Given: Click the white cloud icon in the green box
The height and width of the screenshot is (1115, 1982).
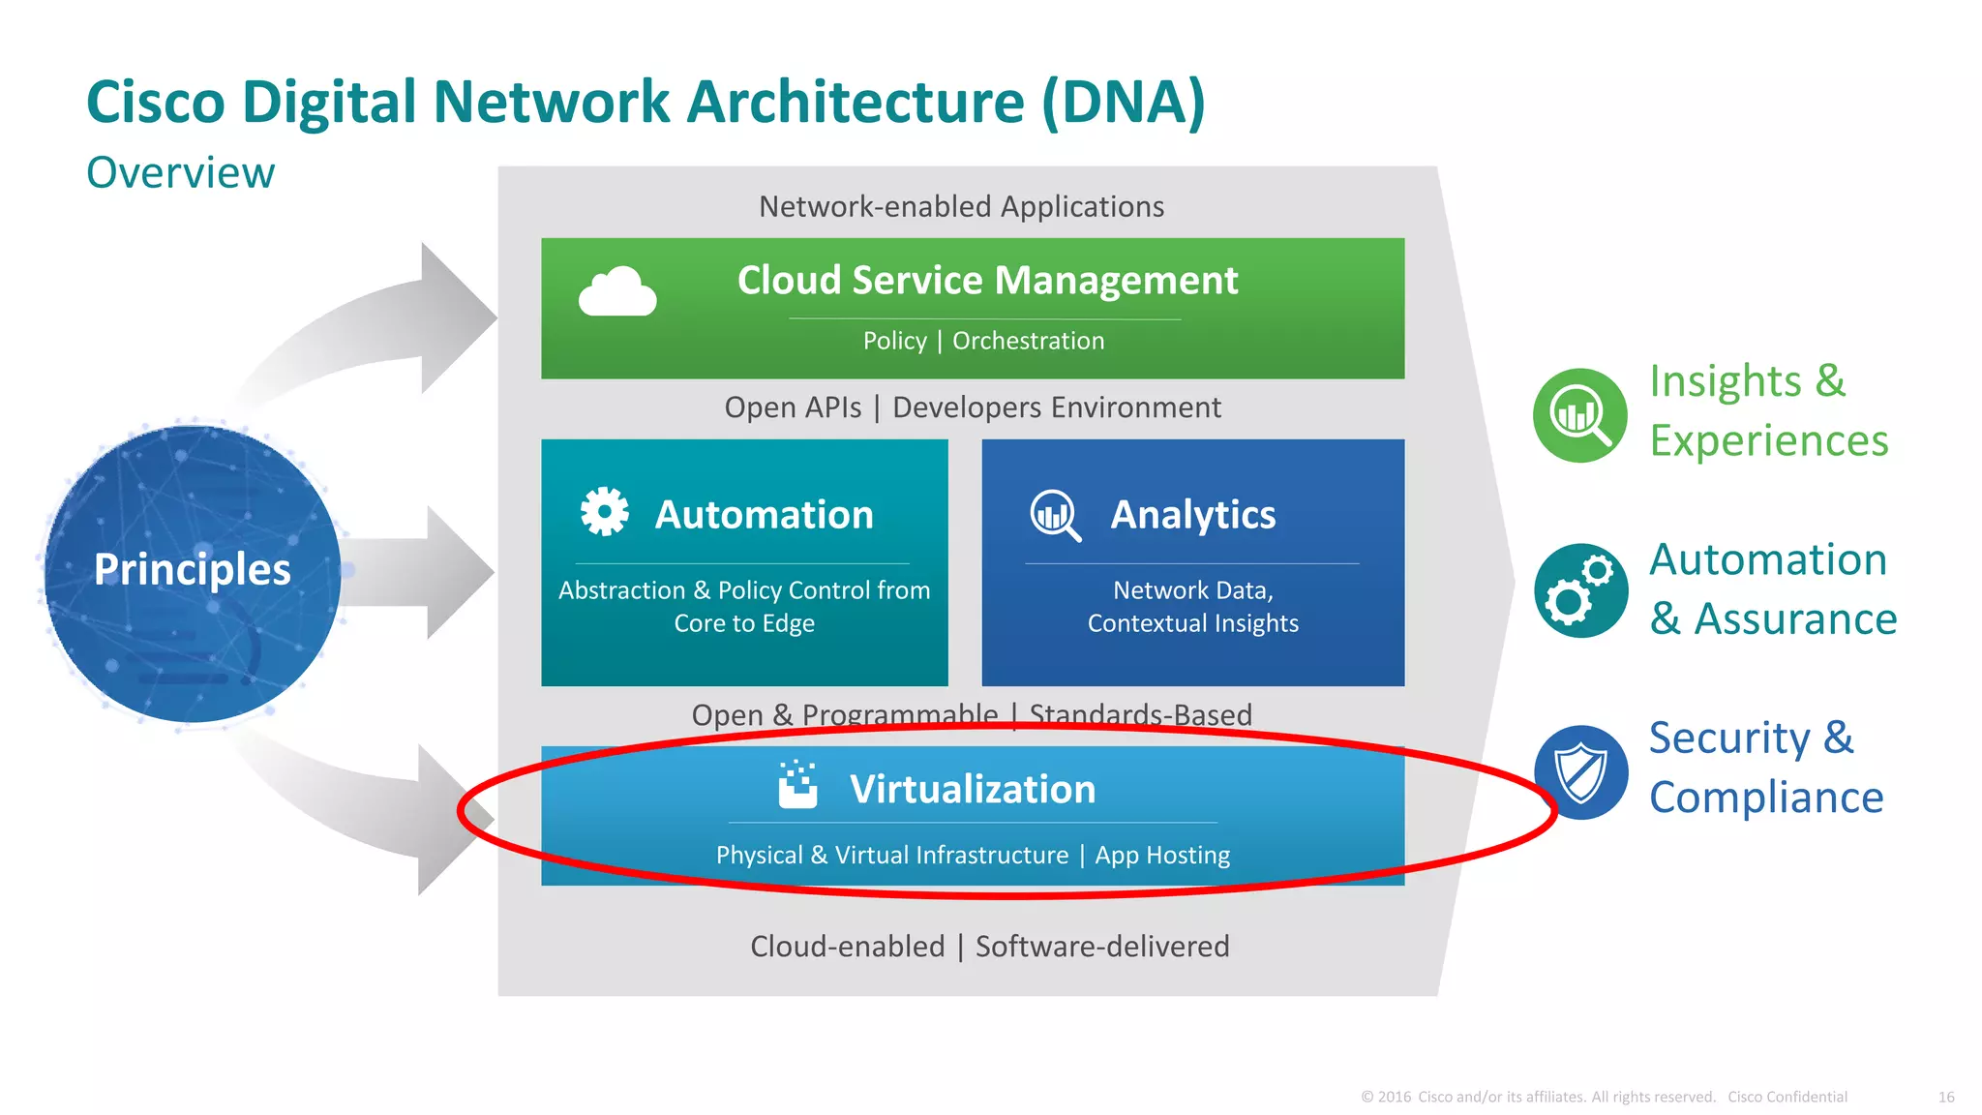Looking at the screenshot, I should (x=617, y=291).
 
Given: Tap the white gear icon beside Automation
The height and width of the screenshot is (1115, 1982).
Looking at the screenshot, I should (x=605, y=511).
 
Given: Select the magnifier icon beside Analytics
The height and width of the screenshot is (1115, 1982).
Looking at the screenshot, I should (x=1055, y=515).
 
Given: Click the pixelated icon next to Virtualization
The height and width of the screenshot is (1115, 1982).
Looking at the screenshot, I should (x=798, y=785).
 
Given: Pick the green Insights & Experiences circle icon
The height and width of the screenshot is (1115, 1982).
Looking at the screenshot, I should (x=1580, y=415).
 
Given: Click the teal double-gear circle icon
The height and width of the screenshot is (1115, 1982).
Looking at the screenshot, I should (x=1580, y=590).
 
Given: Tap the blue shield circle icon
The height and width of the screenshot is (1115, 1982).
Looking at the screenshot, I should (x=1580, y=771).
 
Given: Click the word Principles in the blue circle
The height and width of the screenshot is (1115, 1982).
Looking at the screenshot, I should (x=193, y=569).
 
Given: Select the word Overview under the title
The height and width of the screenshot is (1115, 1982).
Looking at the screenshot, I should (x=181, y=173).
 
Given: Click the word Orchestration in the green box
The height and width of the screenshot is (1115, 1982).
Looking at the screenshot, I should (x=1028, y=341).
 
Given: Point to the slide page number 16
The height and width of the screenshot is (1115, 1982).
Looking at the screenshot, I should (x=1946, y=1097).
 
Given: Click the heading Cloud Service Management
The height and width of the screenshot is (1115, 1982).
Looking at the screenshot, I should (x=987, y=281).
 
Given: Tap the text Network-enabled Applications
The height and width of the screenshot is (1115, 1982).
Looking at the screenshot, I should (x=961, y=206).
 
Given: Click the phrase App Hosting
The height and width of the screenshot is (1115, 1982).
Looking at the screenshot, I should (x=1162, y=856).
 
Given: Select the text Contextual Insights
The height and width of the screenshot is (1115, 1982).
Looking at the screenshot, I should (x=1192, y=623).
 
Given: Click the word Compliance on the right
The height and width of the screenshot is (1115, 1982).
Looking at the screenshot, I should (x=1766, y=798).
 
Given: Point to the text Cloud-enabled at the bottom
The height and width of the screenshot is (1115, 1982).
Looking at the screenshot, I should (x=847, y=947).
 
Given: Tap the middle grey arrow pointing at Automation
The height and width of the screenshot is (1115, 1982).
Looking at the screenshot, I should (x=455, y=572).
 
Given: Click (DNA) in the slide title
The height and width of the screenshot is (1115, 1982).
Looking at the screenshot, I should (x=1124, y=102).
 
